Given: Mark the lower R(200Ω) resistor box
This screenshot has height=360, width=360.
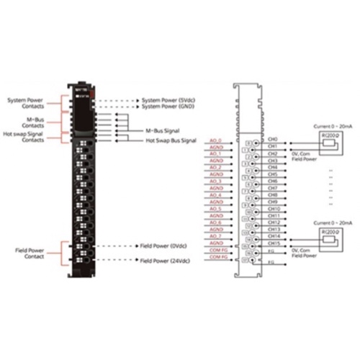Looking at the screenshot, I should point(332,233).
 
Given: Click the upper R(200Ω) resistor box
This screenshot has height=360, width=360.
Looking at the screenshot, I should point(332,135).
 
